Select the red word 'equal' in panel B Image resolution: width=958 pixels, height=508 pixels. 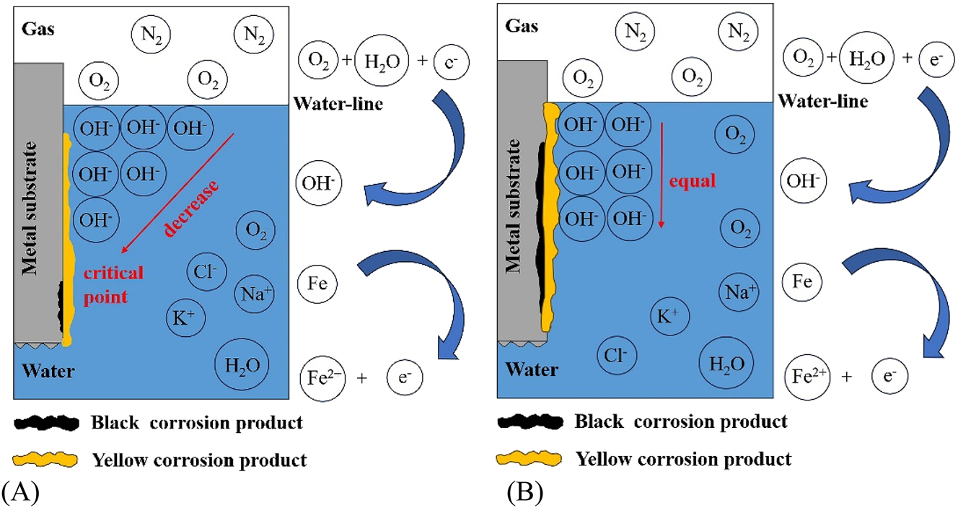pyautogui.click(x=693, y=181)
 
